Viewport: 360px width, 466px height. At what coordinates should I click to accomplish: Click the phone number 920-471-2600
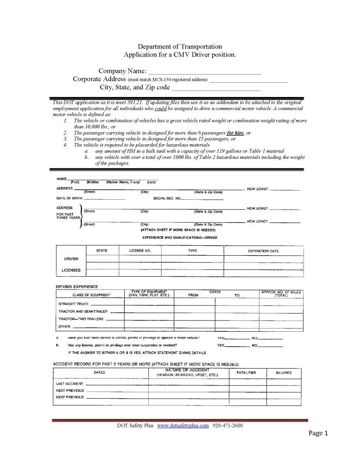228,425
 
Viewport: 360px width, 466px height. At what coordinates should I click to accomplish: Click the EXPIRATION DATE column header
263,251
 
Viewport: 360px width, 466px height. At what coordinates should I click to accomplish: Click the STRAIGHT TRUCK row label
73,303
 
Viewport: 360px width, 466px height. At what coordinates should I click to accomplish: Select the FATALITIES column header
246,373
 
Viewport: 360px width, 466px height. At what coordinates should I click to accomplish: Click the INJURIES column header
284,373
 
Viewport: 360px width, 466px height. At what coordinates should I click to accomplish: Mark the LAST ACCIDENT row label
69,384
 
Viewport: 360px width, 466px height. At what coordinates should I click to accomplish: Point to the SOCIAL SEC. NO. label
167,198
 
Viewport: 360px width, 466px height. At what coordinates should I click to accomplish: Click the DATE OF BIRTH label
69,198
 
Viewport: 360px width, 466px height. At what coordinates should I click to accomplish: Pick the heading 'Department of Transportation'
180,46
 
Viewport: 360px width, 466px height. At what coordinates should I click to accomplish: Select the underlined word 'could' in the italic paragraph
162,109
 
